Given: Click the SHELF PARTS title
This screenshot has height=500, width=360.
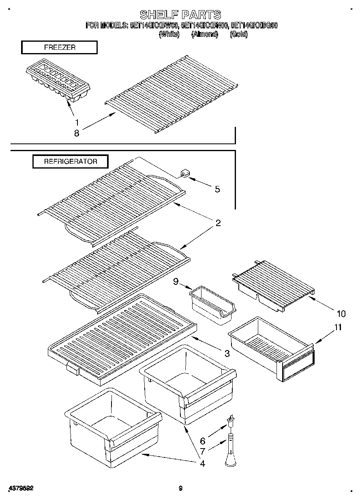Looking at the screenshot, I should (180, 15).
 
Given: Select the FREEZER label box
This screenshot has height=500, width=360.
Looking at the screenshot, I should (59, 47).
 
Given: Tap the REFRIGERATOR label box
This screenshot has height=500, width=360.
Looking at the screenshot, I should (71, 161).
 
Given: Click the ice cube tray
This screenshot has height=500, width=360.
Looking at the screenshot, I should (58, 82).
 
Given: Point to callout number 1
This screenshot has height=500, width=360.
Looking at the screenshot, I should (77, 122).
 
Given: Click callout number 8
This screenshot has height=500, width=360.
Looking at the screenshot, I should (77, 132).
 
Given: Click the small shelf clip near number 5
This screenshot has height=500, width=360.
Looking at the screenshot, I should (184, 175).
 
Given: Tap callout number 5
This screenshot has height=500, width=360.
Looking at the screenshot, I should (217, 189).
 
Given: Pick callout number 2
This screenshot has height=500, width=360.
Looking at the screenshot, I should (218, 223).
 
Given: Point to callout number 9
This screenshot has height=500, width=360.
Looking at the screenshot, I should (176, 281).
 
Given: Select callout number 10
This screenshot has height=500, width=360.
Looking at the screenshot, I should (341, 313).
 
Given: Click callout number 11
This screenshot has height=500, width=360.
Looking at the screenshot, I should (338, 327).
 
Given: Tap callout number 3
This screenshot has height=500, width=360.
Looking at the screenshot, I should (227, 354).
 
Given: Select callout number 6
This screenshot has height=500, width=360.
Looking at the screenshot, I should (203, 441).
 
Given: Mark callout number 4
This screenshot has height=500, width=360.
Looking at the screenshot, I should (202, 463).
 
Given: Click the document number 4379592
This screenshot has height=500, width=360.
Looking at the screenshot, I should (20, 488).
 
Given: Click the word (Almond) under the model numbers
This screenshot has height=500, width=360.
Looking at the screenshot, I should (205, 34).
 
